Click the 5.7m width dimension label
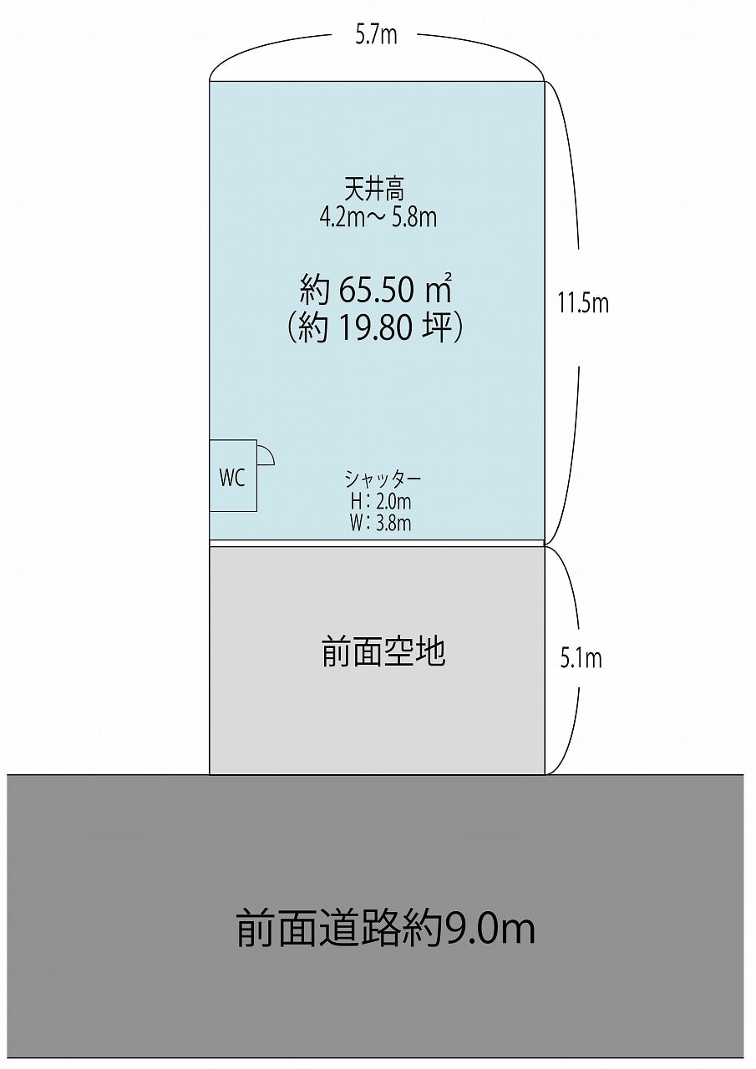pos(376,35)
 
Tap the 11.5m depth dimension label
pos(583,303)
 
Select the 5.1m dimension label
pos(581,659)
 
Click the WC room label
pos(232,478)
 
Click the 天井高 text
pos(375,189)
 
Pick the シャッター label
pos(383,479)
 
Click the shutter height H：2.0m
pos(380,501)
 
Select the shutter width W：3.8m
pos(380,523)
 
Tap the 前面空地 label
pos(383,652)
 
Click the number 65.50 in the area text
pos(376,290)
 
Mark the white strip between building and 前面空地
pos(377,543)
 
